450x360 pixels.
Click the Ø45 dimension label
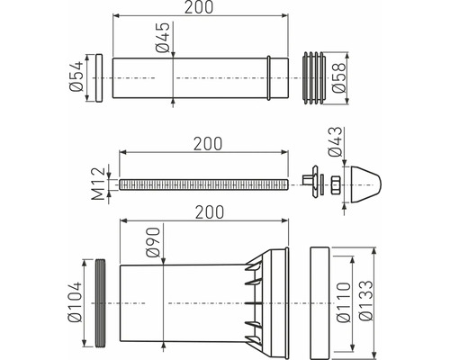[164, 37]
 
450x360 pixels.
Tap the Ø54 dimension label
[75, 76]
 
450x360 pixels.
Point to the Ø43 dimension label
[335, 141]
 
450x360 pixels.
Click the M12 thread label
[99, 183]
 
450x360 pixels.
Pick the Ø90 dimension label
[153, 242]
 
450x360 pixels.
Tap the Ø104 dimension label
[75, 301]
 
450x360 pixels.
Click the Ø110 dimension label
[344, 302]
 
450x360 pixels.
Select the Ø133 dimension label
[365, 301]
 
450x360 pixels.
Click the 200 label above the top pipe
[199, 7]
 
